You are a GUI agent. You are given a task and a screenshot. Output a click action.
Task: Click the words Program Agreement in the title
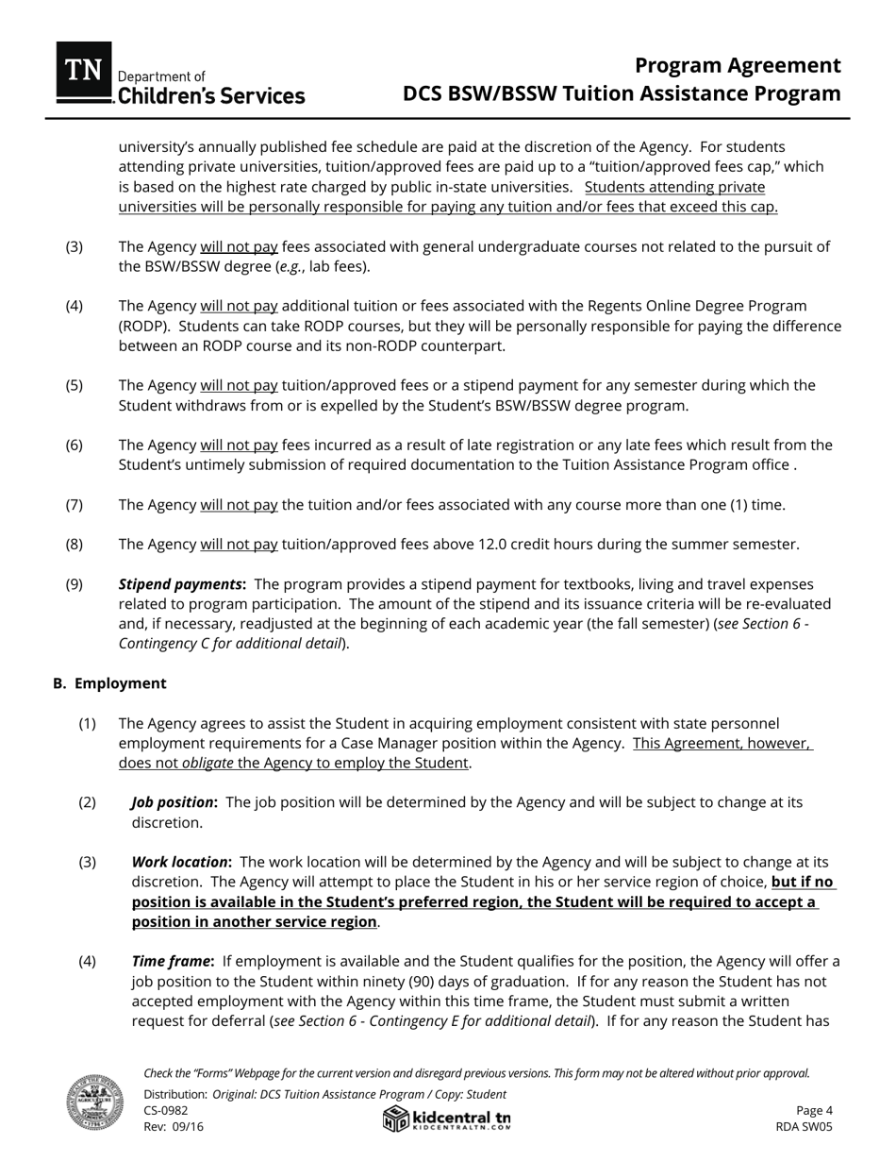click(x=737, y=65)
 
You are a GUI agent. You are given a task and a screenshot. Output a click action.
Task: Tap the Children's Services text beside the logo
click(x=209, y=96)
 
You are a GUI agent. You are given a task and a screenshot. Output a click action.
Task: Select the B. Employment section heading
click(x=109, y=683)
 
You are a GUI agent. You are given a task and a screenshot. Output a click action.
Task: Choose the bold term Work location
click(x=181, y=862)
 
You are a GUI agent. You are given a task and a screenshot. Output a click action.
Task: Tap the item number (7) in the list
click(x=74, y=505)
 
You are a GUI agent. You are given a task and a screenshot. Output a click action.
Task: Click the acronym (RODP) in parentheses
click(x=142, y=326)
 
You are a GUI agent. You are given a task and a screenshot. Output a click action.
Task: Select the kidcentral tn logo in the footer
click(x=447, y=1119)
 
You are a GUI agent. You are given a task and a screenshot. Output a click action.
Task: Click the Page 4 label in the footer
click(x=814, y=1110)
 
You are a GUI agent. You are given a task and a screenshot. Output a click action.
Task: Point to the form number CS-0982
click(x=166, y=1110)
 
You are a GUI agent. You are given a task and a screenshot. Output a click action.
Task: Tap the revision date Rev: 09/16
click(x=174, y=1126)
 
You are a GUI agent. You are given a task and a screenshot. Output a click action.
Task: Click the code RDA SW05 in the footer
click(x=804, y=1126)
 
